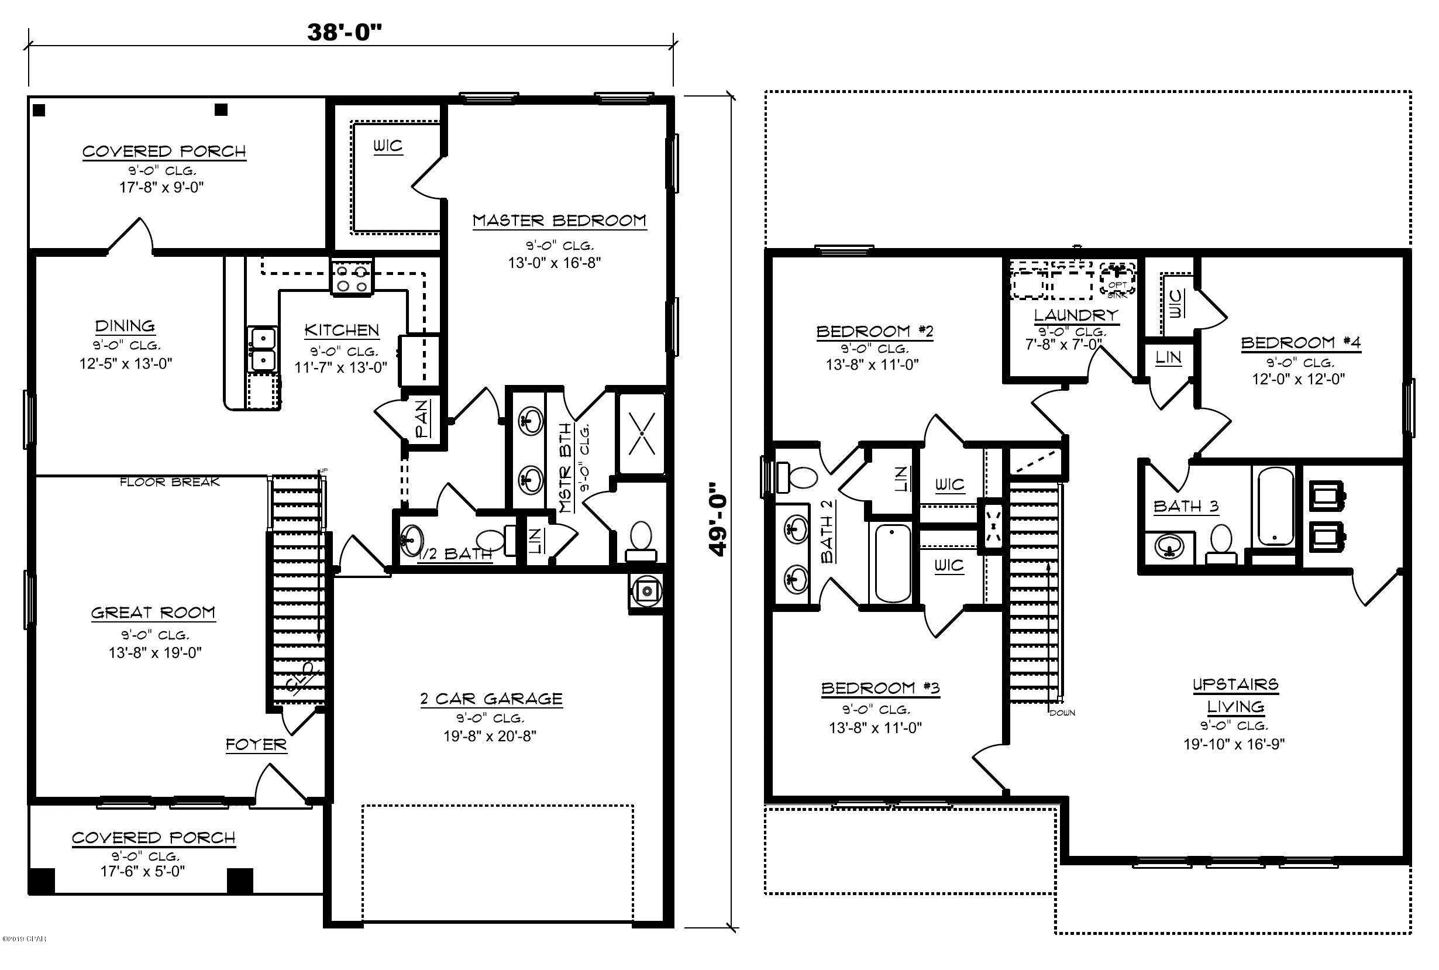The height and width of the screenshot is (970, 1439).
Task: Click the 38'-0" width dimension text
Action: (345, 32)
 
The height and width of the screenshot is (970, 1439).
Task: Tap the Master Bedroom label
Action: (559, 221)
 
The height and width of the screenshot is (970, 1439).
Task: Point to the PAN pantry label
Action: (422, 418)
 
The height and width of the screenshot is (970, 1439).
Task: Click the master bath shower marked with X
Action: (642, 433)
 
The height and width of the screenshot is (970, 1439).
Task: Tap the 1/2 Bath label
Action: (456, 553)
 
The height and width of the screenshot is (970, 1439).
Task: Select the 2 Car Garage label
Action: (491, 699)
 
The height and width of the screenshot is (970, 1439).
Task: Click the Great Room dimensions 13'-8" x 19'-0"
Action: (154, 653)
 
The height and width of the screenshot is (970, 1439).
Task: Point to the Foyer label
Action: (256, 744)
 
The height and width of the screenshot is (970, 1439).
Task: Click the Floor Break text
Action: (170, 482)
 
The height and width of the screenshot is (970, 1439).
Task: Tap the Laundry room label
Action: (1076, 315)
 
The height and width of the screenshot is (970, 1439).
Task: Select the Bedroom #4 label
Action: (1300, 342)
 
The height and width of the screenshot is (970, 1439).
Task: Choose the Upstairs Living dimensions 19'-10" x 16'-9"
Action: (1234, 744)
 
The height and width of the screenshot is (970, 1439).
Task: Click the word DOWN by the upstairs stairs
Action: (1062, 713)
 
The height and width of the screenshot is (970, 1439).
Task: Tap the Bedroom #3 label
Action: (880, 688)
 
